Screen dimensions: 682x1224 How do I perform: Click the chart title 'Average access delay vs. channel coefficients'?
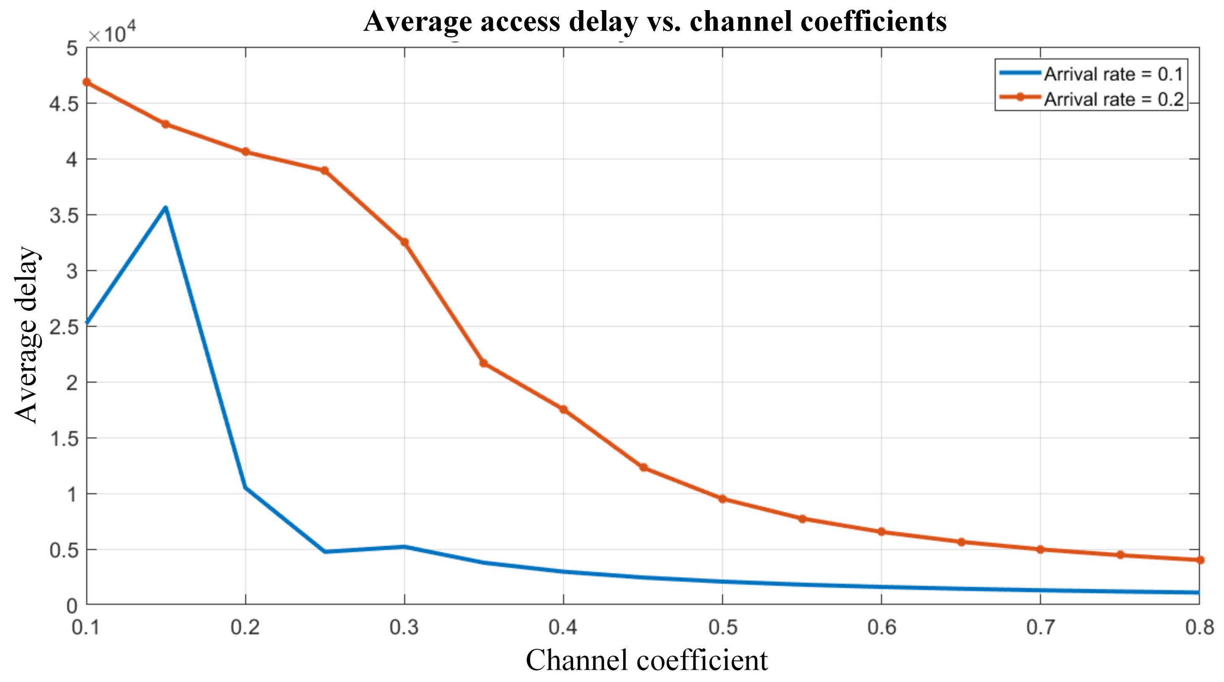(655, 21)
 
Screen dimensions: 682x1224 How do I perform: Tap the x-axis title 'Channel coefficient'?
(646, 660)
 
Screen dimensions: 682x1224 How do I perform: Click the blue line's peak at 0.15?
(166, 208)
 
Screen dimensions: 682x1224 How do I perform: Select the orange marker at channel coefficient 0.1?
(87, 82)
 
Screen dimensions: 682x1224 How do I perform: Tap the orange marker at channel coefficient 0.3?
(404, 242)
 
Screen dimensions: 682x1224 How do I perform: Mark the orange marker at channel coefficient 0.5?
(722, 498)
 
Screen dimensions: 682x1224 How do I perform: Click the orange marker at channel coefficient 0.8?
(1200, 560)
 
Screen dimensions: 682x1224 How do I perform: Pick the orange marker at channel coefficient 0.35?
(484, 363)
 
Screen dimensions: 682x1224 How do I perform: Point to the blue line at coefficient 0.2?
(245, 487)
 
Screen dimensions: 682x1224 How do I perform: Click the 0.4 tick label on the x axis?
(563, 627)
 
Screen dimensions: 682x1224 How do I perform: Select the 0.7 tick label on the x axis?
(1040, 627)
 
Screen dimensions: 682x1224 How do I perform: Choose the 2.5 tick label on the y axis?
(64, 327)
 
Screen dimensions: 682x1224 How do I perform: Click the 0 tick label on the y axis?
(72, 606)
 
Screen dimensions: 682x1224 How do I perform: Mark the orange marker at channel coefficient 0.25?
(324, 171)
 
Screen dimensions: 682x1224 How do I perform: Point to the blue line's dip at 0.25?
(325, 551)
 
